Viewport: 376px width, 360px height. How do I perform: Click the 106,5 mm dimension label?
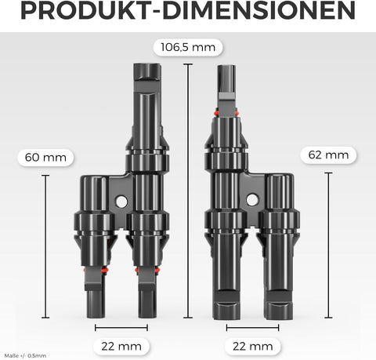point(188,47)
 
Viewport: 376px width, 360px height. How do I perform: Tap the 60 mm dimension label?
point(45,158)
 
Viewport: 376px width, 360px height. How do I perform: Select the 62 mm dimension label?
point(328,155)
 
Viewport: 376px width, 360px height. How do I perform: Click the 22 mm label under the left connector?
point(121,347)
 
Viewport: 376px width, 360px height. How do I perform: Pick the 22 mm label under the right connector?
point(253,347)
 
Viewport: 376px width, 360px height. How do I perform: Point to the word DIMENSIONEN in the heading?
point(258,11)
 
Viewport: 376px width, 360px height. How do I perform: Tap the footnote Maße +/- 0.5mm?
point(25,356)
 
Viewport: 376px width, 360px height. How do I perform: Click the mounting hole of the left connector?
point(121,202)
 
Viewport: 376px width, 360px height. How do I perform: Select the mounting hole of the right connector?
point(252,200)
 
